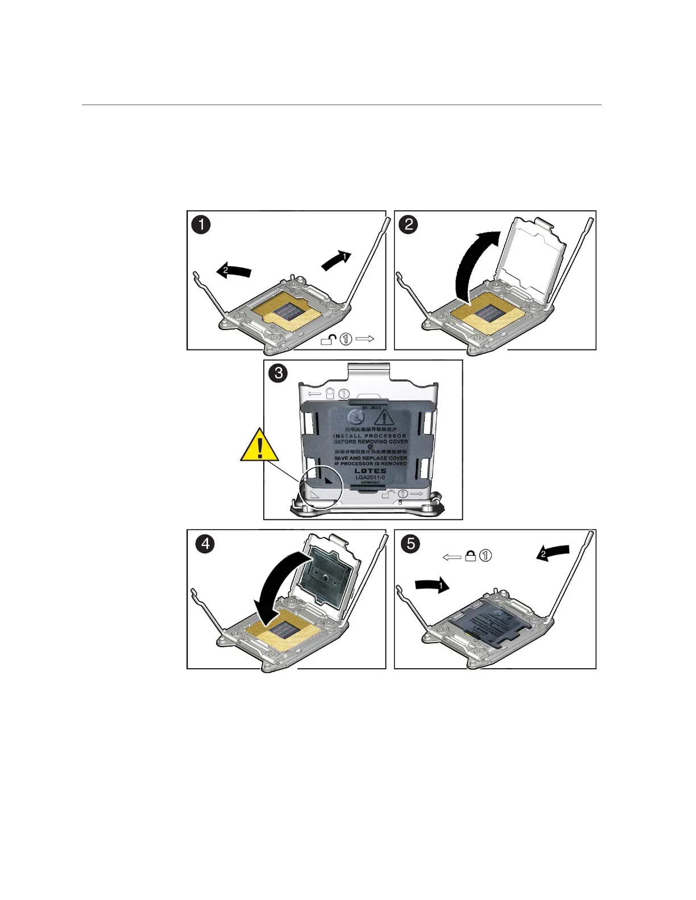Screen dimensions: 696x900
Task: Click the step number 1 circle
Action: [201, 224]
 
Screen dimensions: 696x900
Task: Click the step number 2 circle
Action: [408, 224]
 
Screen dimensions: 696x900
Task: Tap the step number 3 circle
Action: [277, 373]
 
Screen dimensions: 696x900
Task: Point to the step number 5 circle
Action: [408, 544]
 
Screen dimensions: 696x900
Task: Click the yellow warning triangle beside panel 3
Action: [260, 447]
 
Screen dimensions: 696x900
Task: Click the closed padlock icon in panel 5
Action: [471, 556]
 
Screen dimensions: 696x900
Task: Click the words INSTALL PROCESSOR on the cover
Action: [370, 435]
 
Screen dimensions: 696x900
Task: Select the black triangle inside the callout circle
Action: [328, 480]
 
